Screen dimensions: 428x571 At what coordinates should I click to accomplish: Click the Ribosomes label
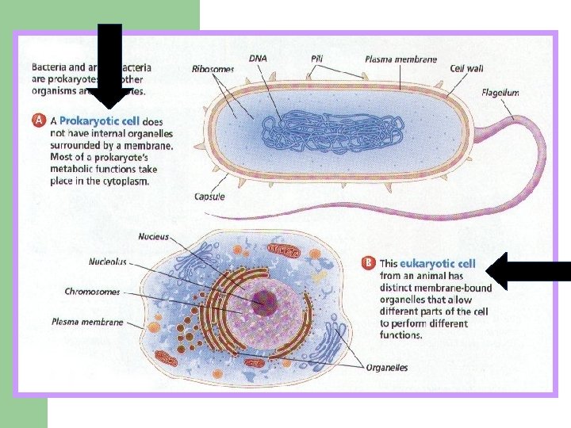pos(213,69)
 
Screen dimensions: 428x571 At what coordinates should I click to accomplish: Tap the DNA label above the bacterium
pos(258,58)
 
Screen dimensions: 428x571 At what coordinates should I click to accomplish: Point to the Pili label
pos(316,59)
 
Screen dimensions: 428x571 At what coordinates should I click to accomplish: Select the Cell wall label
pos(466,68)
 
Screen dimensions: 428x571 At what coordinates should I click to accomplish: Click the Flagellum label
pos(500,93)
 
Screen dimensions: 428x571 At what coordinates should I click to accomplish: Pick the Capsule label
pos(209,197)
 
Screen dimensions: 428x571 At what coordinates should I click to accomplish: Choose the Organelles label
pos(387,367)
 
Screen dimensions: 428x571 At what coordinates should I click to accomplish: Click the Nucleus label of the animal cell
pos(153,236)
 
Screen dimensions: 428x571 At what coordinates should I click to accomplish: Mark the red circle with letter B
pos(368,263)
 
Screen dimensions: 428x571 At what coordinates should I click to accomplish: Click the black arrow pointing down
pos(109,67)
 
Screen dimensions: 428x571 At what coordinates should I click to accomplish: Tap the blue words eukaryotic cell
pos(438,263)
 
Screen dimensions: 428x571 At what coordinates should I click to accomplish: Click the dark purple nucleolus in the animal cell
pos(263,301)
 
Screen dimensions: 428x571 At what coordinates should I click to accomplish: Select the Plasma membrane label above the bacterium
pos(400,59)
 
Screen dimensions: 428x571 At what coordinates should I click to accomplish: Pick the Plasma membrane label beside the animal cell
pos(87,322)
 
